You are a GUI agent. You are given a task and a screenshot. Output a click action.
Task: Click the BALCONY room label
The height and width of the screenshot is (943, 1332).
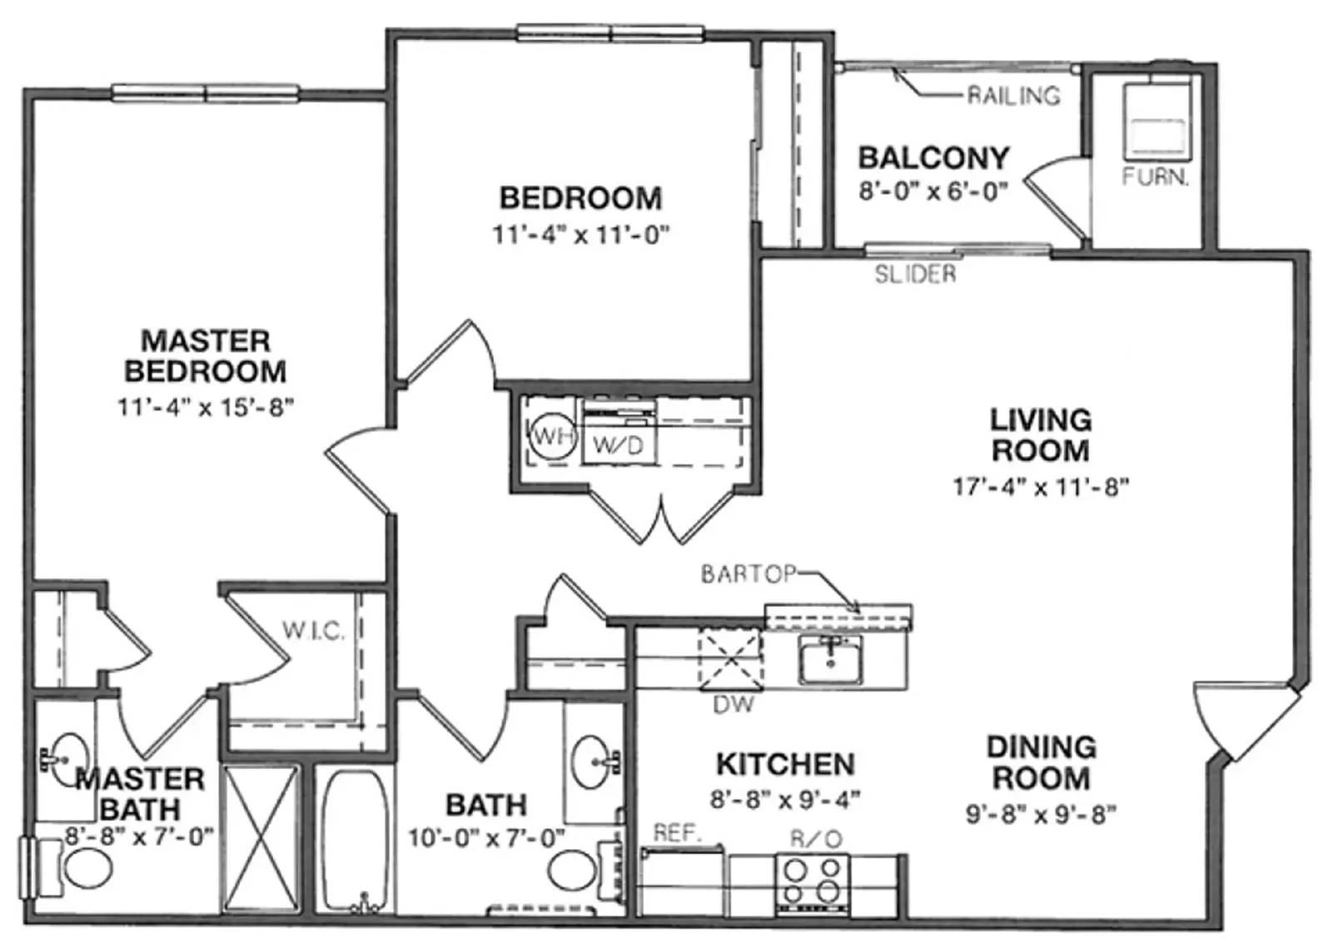934,158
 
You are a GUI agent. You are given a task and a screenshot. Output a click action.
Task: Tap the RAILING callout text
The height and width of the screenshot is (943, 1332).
1014,96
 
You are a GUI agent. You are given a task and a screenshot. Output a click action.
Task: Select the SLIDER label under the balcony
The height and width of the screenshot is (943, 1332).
916,274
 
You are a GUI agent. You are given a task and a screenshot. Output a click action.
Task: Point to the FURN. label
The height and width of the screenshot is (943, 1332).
1156,176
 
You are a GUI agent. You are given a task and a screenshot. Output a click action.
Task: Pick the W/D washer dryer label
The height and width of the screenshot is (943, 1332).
618,445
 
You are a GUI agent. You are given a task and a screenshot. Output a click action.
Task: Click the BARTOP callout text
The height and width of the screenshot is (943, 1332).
748,573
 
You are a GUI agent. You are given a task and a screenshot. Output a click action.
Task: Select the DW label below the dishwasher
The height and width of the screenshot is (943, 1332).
733,705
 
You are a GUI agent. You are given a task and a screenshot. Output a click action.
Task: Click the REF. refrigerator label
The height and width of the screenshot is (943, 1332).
678,834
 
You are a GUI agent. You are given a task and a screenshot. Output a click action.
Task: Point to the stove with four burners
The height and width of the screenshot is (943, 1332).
813,886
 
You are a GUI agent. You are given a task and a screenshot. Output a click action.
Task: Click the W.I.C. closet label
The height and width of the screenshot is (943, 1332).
313,631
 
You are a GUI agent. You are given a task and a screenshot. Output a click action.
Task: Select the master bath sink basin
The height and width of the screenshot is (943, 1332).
67,761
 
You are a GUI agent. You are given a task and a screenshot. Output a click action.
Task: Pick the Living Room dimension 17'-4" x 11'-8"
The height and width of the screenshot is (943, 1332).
1041,488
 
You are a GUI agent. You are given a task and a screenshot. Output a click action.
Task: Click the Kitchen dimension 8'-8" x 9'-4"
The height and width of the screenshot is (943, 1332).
785,800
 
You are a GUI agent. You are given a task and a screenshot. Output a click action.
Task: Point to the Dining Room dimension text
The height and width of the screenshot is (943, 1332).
1041,814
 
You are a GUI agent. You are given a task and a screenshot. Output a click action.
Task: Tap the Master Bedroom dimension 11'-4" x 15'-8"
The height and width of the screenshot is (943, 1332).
206,408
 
